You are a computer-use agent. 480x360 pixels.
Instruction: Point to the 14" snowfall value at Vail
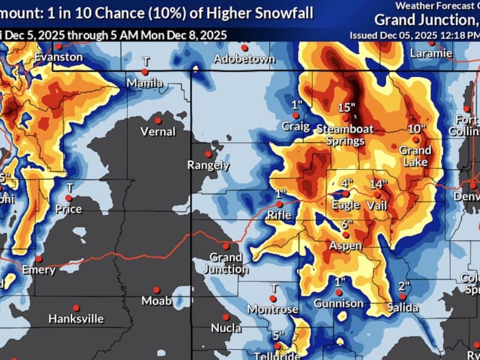[x=379, y=184]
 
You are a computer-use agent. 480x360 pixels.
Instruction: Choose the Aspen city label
[x=346, y=246]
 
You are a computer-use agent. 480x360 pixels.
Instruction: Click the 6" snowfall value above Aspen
[x=346, y=224]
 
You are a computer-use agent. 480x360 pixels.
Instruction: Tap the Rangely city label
[x=208, y=164]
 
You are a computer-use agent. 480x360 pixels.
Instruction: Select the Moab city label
[x=156, y=301]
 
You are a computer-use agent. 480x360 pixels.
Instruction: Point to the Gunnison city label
[x=338, y=303]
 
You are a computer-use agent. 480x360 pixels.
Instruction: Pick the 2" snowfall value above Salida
[x=404, y=285]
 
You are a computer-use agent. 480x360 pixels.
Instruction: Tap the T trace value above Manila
[x=145, y=61]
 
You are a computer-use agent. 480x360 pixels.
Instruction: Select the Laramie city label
[x=431, y=53]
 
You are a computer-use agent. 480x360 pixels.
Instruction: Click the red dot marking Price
[x=69, y=197]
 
